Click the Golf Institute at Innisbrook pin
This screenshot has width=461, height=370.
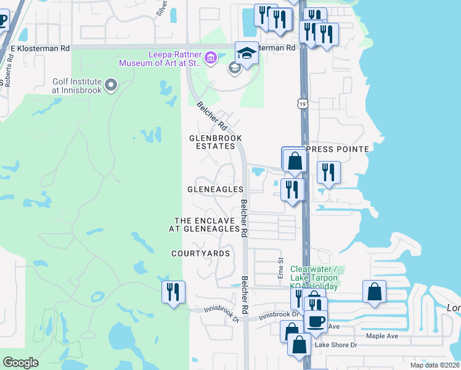click(x=111, y=84)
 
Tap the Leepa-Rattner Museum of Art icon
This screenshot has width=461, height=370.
click(x=211, y=58)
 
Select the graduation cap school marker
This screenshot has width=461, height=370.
click(x=247, y=54)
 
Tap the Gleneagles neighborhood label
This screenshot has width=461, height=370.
click(x=215, y=189)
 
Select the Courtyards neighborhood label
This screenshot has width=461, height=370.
click(x=200, y=253)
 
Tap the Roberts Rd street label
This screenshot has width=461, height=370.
click(x=8, y=73)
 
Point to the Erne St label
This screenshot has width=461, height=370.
click(x=280, y=268)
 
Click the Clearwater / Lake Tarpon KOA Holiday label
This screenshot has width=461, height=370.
click(x=314, y=277)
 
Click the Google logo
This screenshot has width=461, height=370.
click(x=21, y=363)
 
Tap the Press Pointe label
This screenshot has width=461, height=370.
click(x=337, y=149)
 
